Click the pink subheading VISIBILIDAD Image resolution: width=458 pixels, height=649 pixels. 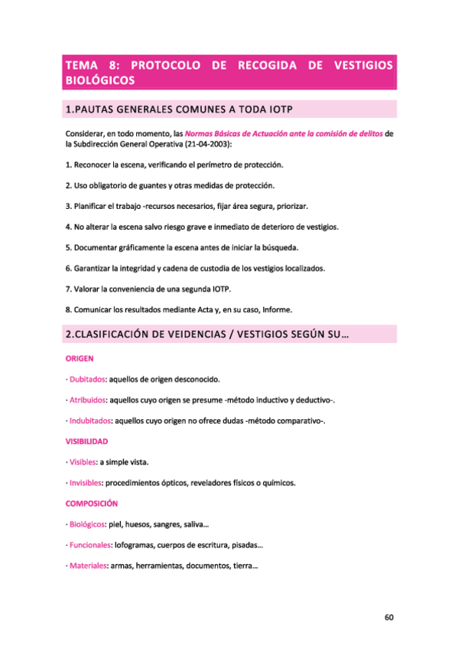[87, 442]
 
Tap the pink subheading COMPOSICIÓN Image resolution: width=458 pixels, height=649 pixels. [91, 504]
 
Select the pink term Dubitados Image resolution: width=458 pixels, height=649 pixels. [86, 380]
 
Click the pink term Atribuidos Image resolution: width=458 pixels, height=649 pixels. [87, 400]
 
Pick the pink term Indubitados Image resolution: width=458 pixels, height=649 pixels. [89, 421]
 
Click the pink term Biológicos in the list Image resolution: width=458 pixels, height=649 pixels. [86, 525]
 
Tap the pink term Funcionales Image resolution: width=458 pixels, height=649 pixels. [89, 546]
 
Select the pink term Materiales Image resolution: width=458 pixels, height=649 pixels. [87, 566]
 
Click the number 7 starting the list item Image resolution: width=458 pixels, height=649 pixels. [68, 289]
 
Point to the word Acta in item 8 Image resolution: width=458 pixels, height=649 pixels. [207, 309]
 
